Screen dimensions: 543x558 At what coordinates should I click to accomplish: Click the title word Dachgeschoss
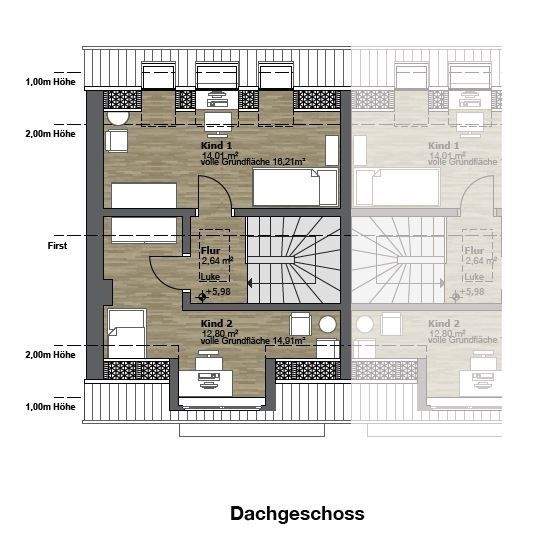coord(297,514)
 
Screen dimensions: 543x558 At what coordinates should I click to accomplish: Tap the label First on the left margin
coord(57,244)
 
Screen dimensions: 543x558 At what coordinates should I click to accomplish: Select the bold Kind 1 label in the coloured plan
coord(216,146)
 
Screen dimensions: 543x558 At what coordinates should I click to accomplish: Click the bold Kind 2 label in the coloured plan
coord(216,324)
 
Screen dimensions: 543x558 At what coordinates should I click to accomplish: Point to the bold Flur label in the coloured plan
coord(210,250)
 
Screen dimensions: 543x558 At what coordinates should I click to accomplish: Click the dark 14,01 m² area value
coord(220,155)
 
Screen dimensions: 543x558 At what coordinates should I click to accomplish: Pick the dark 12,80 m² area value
coord(220,334)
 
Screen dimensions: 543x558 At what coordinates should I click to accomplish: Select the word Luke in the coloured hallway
coord(211,276)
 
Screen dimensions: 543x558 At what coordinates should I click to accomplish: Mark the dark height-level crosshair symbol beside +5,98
coord(202,295)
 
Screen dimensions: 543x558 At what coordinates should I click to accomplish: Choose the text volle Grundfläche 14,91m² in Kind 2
coord(253,341)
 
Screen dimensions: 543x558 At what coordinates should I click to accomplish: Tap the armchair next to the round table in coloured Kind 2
coord(299,325)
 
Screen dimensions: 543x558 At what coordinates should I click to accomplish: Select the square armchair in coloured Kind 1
coord(116,141)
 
